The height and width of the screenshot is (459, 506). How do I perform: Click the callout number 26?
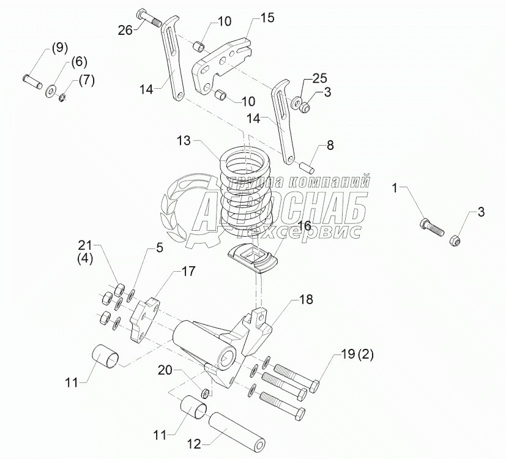pyautogui.click(x=125, y=31)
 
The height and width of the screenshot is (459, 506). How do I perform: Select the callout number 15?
pyautogui.click(x=267, y=18)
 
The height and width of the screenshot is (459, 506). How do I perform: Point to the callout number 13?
pyautogui.click(x=184, y=141)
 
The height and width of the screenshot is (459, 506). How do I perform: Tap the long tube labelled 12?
pyautogui.click(x=238, y=431)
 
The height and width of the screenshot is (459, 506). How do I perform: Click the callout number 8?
pyautogui.click(x=330, y=145)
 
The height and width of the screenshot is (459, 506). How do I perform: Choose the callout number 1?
pyautogui.click(x=396, y=188)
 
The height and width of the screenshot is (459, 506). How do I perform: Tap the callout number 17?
pyautogui.click(x=188, y=271)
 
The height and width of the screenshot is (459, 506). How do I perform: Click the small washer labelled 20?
pyautogui.click(x=205, y=393)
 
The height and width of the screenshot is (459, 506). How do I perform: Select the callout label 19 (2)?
pyautogui.click(x=357, y=355)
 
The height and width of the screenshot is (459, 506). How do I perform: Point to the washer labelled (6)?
pyautogui.click(x=50, y=91)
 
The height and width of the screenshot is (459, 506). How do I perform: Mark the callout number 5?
pyautogui.click(x=160, y=248)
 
